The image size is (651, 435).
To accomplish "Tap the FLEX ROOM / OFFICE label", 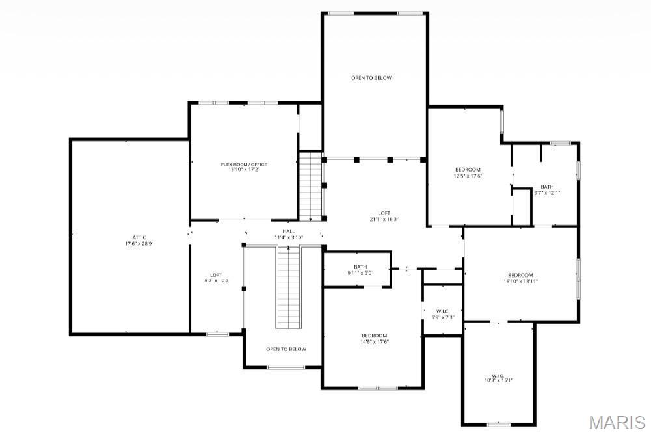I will click(x=244, y=165).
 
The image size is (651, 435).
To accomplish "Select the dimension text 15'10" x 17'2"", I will click(x=244, y=170).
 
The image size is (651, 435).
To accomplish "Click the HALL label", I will click(x=288, y=231).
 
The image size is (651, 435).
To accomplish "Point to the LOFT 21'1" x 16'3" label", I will click(x=384, y=216).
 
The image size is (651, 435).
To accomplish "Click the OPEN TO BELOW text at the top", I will click(x=371, y=78).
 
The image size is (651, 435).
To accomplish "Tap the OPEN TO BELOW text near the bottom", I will click(x=286, y=349).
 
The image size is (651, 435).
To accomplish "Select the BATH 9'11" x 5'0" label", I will click(x=360, y=269).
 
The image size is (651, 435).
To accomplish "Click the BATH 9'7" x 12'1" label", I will click(x=547, y=190).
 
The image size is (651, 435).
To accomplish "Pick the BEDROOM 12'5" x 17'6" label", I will click(x=468, y=172).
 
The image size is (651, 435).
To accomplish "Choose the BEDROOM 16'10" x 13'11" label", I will click(x=520, y=278).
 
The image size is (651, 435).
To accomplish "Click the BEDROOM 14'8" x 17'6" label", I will click(x=375, y=338).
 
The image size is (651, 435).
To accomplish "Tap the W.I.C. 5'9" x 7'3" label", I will click(x=442, y=313).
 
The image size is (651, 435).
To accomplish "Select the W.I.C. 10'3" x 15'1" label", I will click(x=498, y=378).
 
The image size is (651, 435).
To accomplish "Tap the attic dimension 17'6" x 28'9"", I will click(x=139, y=244).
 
